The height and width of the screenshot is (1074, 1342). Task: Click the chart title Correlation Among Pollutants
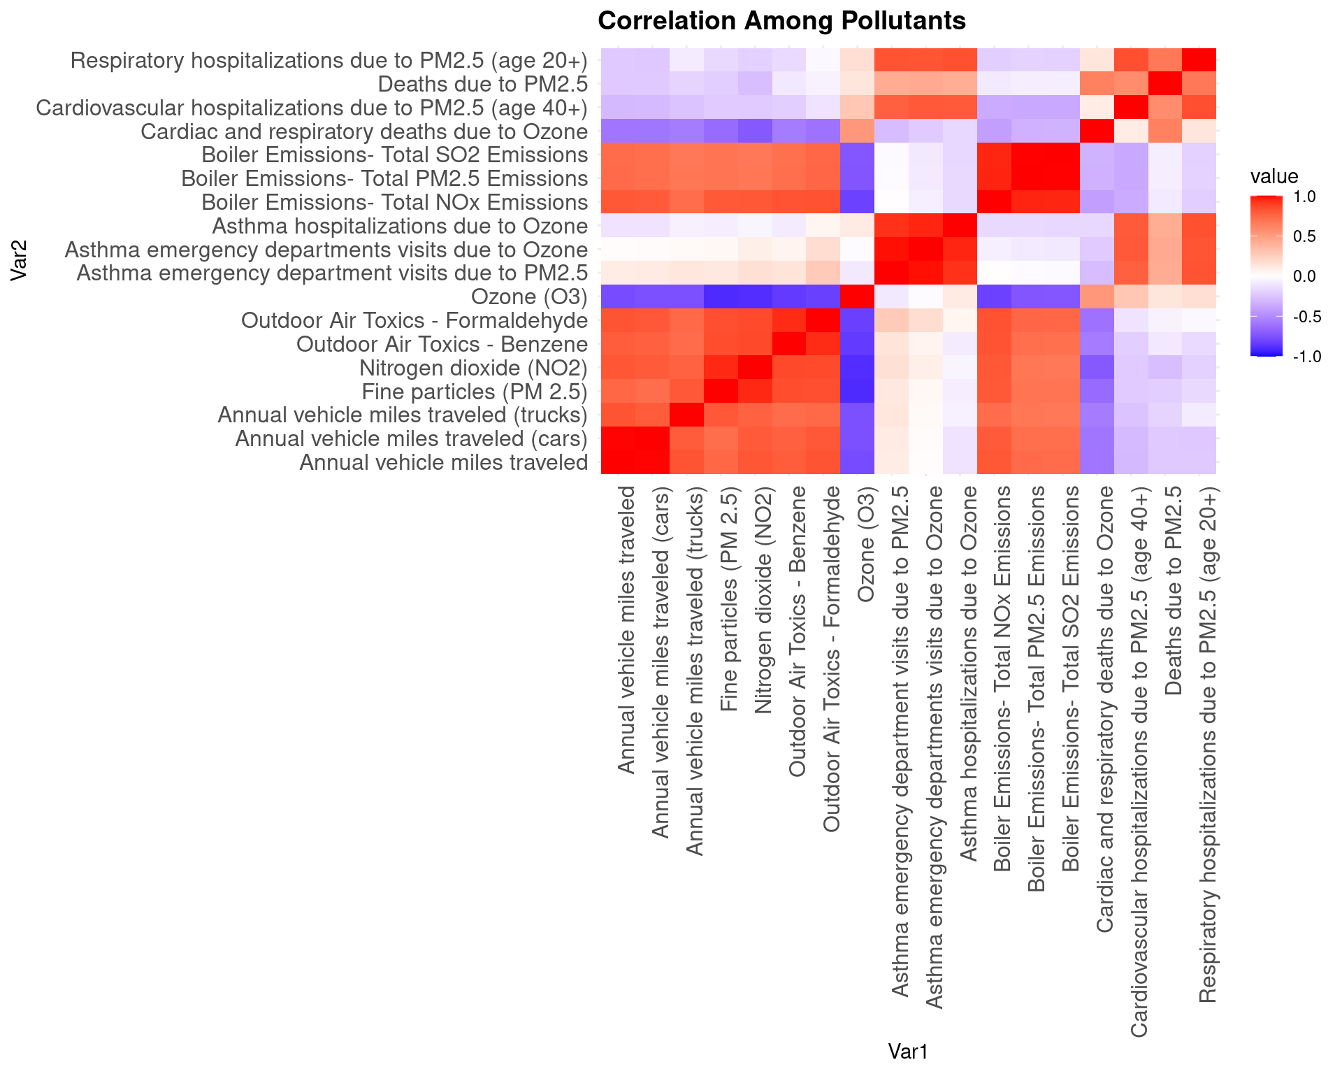pos(781,21)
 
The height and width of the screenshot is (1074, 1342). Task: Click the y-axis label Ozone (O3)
pos(529,297)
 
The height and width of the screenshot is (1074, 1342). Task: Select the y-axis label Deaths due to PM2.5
pos(482,85)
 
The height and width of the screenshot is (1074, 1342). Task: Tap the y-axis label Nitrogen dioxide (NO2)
pos(473,368)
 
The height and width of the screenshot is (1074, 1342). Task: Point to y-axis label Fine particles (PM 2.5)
pos(475,392)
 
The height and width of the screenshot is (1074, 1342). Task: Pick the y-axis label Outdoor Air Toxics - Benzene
pos(442,344)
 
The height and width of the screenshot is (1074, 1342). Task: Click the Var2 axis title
pos(19,261)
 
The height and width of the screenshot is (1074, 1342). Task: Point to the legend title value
pos(1274,176)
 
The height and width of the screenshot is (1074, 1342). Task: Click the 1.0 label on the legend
pos(1304,197)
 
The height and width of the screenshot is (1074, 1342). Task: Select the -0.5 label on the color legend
pos(1306,317)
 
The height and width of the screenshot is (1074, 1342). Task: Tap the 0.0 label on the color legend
pos(1304,276)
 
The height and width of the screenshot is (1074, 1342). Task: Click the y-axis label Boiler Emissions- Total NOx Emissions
pos(394,203)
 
